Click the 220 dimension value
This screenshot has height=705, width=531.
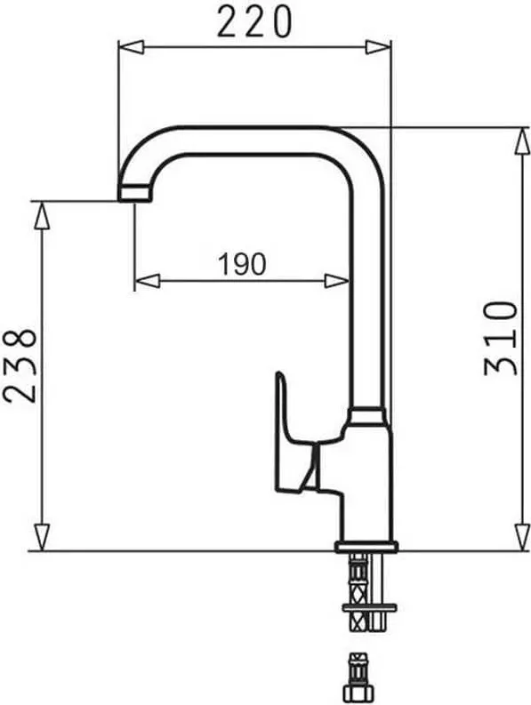pos(254,22)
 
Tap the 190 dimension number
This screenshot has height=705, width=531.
pos(242,264)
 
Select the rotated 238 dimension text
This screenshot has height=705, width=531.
pos(19,365)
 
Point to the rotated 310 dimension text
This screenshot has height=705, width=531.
pos(501,338)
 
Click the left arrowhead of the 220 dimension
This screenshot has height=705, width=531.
pos(131,48)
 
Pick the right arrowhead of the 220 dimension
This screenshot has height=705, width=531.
pos(378,48)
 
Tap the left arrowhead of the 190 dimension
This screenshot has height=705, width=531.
pos(147,281)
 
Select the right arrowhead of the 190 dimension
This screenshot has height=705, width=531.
pos(337,281)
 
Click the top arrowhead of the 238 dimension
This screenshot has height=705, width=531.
pos(42,214)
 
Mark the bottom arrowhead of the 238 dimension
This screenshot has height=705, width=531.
pos(42,537)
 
